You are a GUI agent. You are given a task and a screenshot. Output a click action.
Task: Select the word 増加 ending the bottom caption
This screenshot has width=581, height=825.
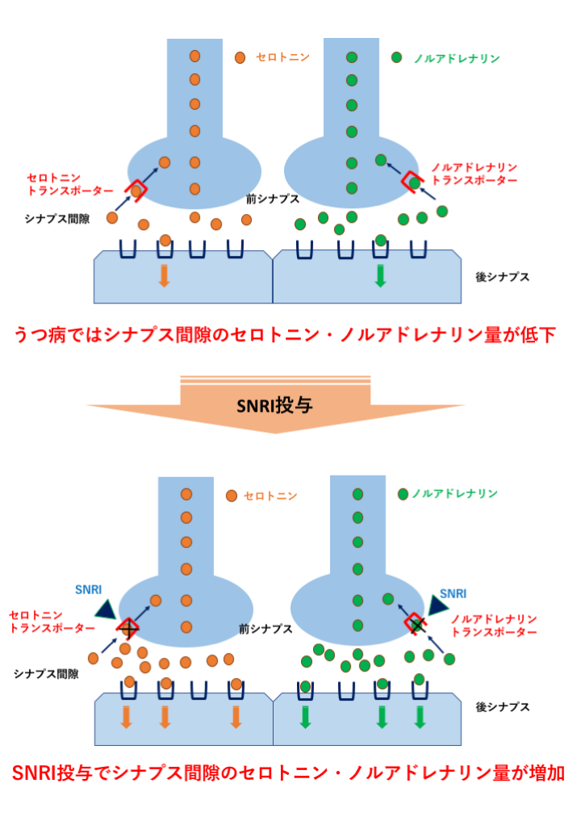(544, 773)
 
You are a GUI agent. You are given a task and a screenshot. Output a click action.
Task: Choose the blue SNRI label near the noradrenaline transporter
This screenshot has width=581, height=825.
(453, 593)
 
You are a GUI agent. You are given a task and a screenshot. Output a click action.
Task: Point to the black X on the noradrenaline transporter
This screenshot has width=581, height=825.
(417, 623)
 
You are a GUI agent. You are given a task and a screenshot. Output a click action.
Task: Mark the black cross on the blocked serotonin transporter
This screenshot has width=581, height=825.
(127, 626)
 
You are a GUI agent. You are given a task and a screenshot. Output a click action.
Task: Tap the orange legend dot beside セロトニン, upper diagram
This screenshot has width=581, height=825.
(240, 58)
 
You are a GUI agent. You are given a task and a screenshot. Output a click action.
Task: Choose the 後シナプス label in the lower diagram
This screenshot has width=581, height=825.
(502, 706)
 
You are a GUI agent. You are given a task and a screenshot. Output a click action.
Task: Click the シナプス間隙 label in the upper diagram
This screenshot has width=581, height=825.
(57, 218)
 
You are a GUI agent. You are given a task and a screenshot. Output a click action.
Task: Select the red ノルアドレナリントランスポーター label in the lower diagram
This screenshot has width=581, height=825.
(494, 626)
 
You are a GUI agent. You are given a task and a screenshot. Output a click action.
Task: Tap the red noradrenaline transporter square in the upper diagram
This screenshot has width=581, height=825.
(413, 182)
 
